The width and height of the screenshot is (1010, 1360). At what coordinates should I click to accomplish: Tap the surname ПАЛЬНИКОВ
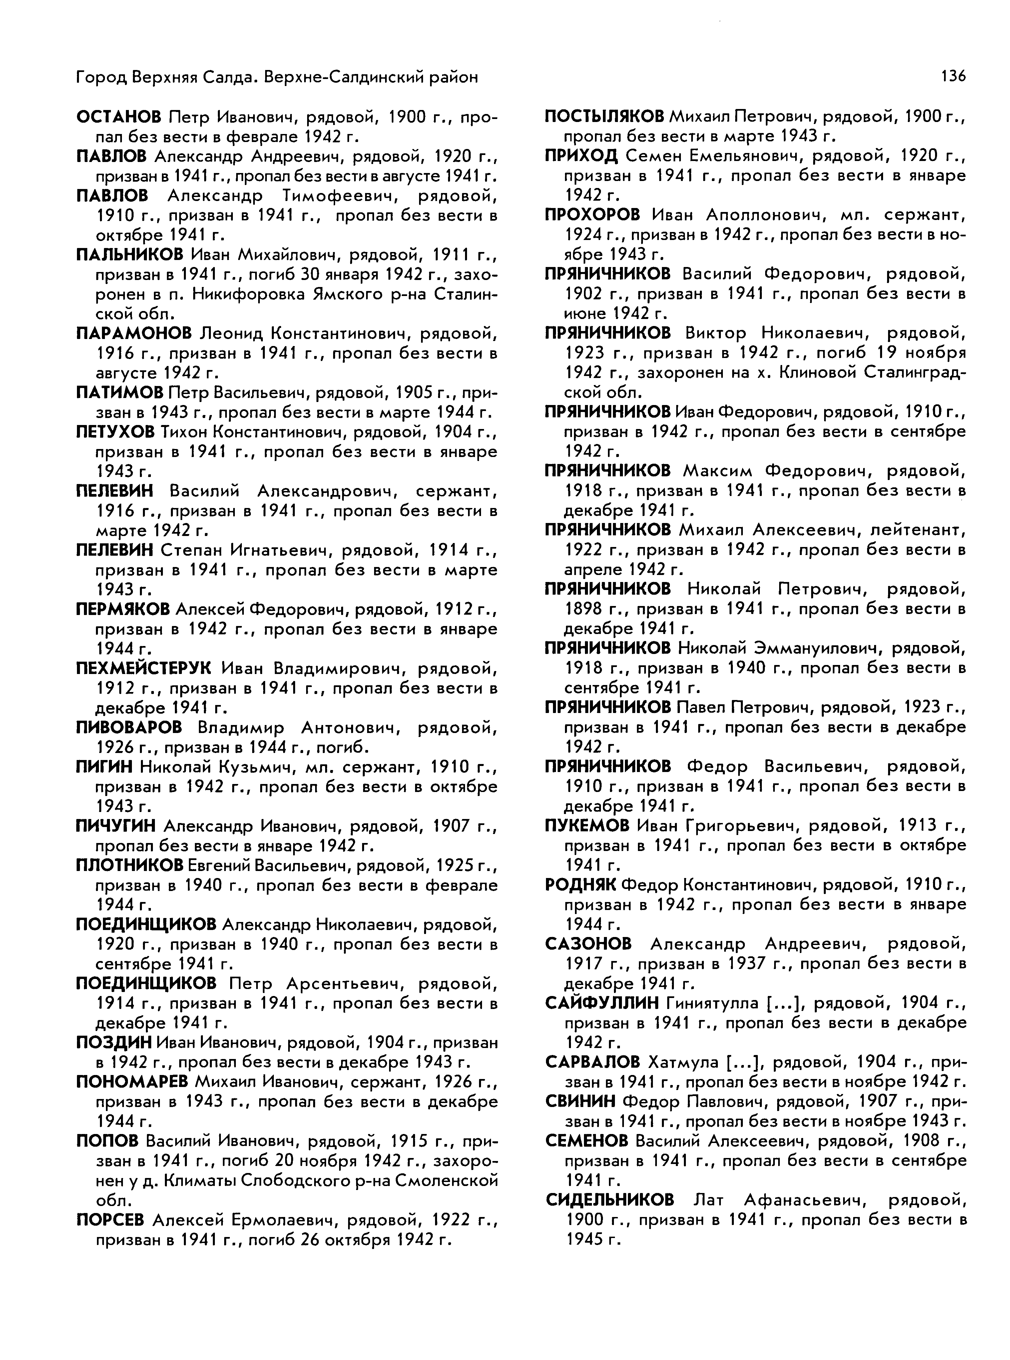click(x=129, y=255)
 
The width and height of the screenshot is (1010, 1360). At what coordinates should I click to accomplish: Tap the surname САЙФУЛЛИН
click(x=602, y=1003)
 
